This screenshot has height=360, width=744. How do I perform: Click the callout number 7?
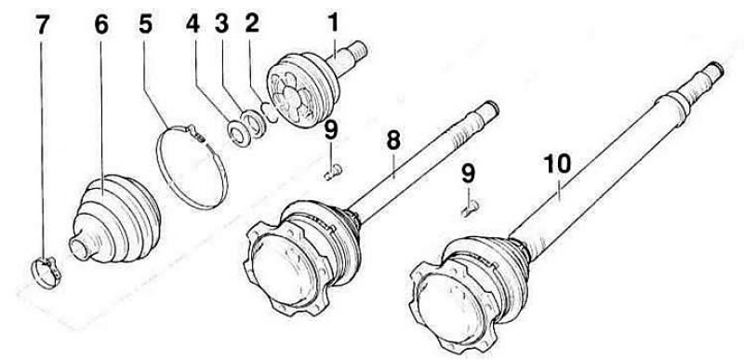pos(42,25)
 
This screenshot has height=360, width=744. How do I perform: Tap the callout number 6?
pos(101,25)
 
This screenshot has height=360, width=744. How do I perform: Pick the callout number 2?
pos(252,23)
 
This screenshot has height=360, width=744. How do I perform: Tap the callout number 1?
pos(333,21)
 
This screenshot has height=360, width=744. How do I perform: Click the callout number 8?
pos(392,140)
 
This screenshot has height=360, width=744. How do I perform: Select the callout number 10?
pos(557,164)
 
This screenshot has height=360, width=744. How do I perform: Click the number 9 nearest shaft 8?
pos(331,130)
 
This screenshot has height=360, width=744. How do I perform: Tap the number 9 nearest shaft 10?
pos(468,174)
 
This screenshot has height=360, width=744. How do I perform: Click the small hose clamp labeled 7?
pos(46,273)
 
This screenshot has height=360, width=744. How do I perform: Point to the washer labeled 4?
pos(238,133)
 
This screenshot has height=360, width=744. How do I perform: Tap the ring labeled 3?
pos(253,124)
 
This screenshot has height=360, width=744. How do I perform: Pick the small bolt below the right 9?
pos(471,208)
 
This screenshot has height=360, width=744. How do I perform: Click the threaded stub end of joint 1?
pos(359,49)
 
